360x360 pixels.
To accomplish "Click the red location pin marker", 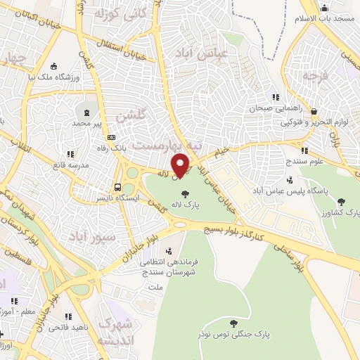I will [x=181, y=165].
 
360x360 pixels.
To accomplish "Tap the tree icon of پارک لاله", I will [x=186, y=194].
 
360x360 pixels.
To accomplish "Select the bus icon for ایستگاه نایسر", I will [x=117, y=187].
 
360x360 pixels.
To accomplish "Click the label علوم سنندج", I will [x=304, y=162].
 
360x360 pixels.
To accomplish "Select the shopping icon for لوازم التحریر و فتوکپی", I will [x=314, y=111].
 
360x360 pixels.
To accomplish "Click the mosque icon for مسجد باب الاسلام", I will [x=324, y=10].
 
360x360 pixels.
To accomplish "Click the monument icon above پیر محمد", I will [x=86, y=112].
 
